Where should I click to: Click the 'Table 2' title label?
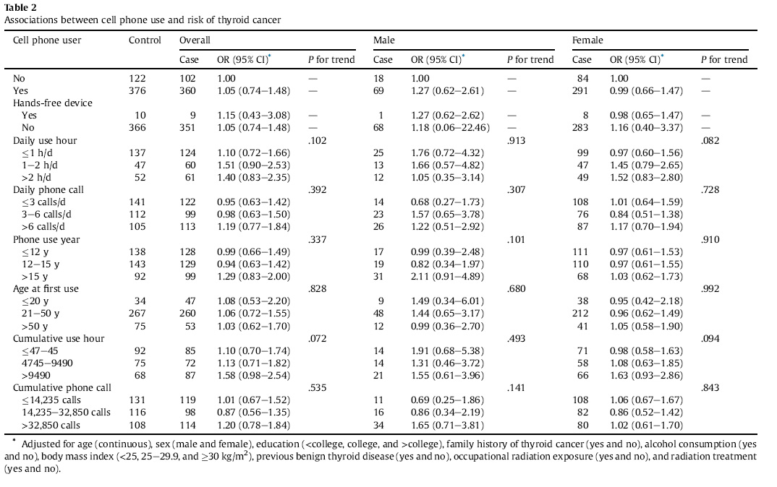pyautogui.click(x=20, y=7)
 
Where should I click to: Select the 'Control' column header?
pyautogui.click(x=145, y=40)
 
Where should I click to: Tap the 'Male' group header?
pyautogui.click(x=384, y=40)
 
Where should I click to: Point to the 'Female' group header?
pyautogui.click(x=587, y=40)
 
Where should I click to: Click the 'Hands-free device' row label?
pyautogui.click(x=53, y=103)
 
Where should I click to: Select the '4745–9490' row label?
pyautogui.click(x=47, y=363)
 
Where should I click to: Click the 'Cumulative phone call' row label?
pyautogui.click(x=62, y=387)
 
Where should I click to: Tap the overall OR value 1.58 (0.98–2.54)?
pyautogui.click(x=254, y=375)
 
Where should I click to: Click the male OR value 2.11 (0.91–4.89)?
pyautogui.click(x=448, y=276)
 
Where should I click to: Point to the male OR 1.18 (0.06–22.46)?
pyautogui.click(x=451, y=128)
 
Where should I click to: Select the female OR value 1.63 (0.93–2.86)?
pyautogui.click(x=646, y=375)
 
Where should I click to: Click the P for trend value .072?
pyautogui.click(x=317, y=339)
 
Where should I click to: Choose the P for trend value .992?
pyautogui.click(x=710, y=288)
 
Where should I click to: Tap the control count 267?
pyautogui.click(x=137, y=314)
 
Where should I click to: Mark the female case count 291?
pyautogui.click(x=580, y=90)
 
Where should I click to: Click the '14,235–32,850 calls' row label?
pyautogui.click(x=66, y=413)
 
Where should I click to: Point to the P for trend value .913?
pyautogui.click(x=517, y=141)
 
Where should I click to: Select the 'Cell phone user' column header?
pyautogui.click(x=47, y=40)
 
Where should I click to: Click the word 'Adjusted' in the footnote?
pyautogui.click(x=43, y=444)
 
